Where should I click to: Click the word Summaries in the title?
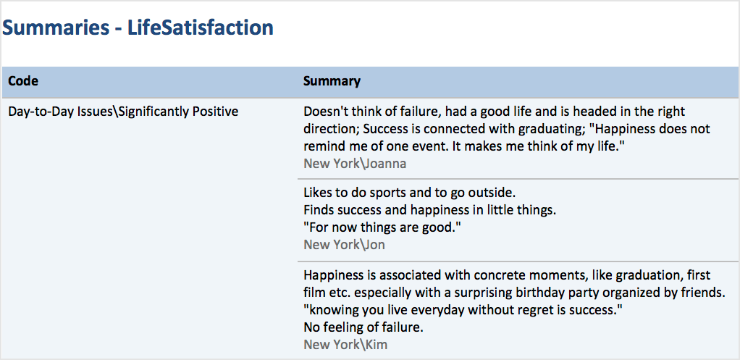(55, 28)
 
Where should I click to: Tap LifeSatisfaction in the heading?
(201, 28)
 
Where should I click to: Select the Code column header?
(24, 81)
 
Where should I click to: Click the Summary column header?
(332, 81)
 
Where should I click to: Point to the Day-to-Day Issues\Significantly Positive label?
(124, 112)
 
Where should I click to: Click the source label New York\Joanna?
(355, 164)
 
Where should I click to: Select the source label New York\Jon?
(344, 245)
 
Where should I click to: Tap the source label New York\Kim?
(345, 345)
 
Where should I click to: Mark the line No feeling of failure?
(363, 327)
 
